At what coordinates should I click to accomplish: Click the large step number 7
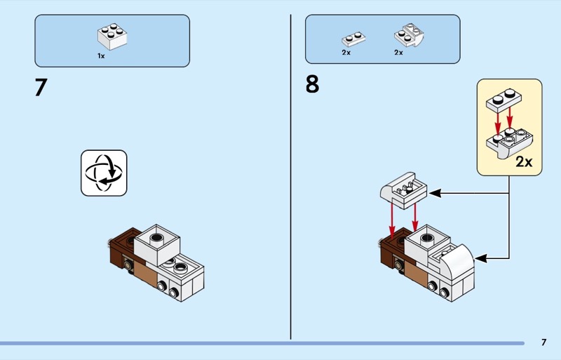coord(41,88)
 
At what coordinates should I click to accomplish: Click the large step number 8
coord(312,85)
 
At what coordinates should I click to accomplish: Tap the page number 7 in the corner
coord(543,342)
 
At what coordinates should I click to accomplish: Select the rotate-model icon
coord(104,173)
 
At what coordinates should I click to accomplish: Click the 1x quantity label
coord(101,55)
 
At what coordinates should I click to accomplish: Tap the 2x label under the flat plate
coord(346,53)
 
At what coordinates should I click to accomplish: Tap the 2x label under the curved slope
coord(398,53)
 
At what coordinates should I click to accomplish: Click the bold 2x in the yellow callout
coord(524,162)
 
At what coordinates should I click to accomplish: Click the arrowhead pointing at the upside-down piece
coord(434,192)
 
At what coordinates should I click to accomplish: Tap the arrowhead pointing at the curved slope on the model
coord(482,258)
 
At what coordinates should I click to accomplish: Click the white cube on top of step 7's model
coord(158,244)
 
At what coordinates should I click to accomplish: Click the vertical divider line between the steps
coord(290,175)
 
